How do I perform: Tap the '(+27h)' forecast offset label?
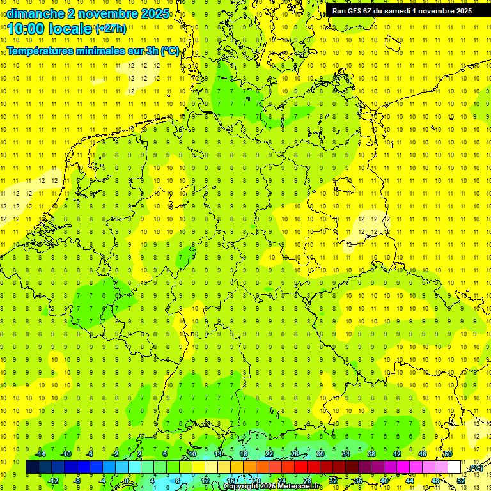point(111,28)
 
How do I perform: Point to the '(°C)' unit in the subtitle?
point(170,51)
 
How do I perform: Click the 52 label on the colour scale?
point(461,481)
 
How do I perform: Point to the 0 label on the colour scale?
point(127,481)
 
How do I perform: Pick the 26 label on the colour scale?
point(295,454)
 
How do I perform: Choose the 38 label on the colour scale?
point(371,454)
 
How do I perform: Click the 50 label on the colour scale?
point(448,454)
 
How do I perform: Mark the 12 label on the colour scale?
point(205,481)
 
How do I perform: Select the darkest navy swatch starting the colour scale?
point(32,467)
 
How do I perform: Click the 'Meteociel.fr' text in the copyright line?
point(293,487)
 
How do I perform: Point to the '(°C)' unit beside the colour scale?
point(475,469)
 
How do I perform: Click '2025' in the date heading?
point(155,13)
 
